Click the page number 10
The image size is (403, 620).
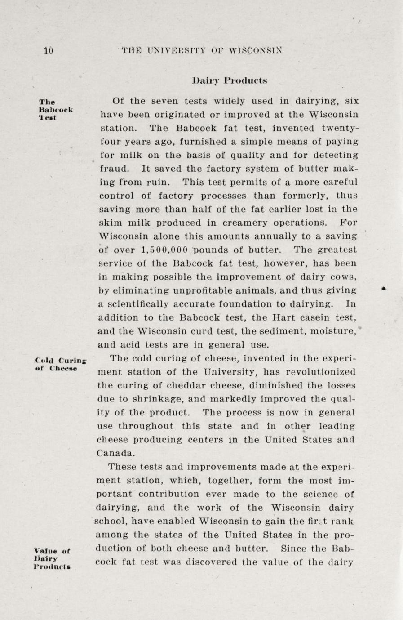click(x=49, y=50)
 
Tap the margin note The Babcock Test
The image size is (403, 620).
click(x=56, y=110)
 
